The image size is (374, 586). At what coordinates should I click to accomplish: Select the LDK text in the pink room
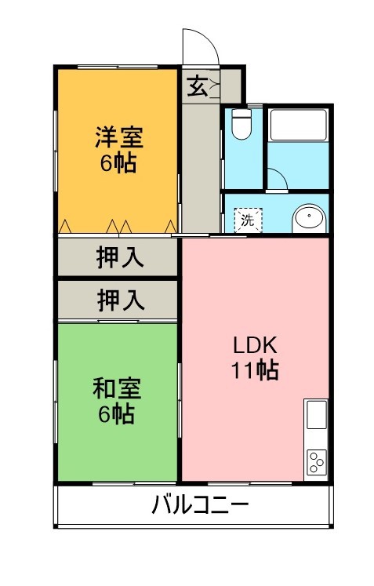pyautogui.click(x=254, y=345)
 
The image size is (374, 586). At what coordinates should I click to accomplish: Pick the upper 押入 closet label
pyautogui.click(x=120, y=257)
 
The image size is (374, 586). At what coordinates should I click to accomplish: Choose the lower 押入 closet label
pyautogui.click(x=120, y=299)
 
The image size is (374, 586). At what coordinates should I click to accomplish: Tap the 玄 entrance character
pyautogui.click(x=197, y=86)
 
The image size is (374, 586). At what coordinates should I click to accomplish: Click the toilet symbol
pyautogui.click(x=241, y=126)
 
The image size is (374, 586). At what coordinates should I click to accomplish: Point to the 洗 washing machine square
pyautogui.click(x=248, y=220)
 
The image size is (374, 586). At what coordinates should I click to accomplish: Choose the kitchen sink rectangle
pyautogui.click(x=316, y=415)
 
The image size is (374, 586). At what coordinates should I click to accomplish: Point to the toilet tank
pyautogui.click(x=241, y=112)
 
